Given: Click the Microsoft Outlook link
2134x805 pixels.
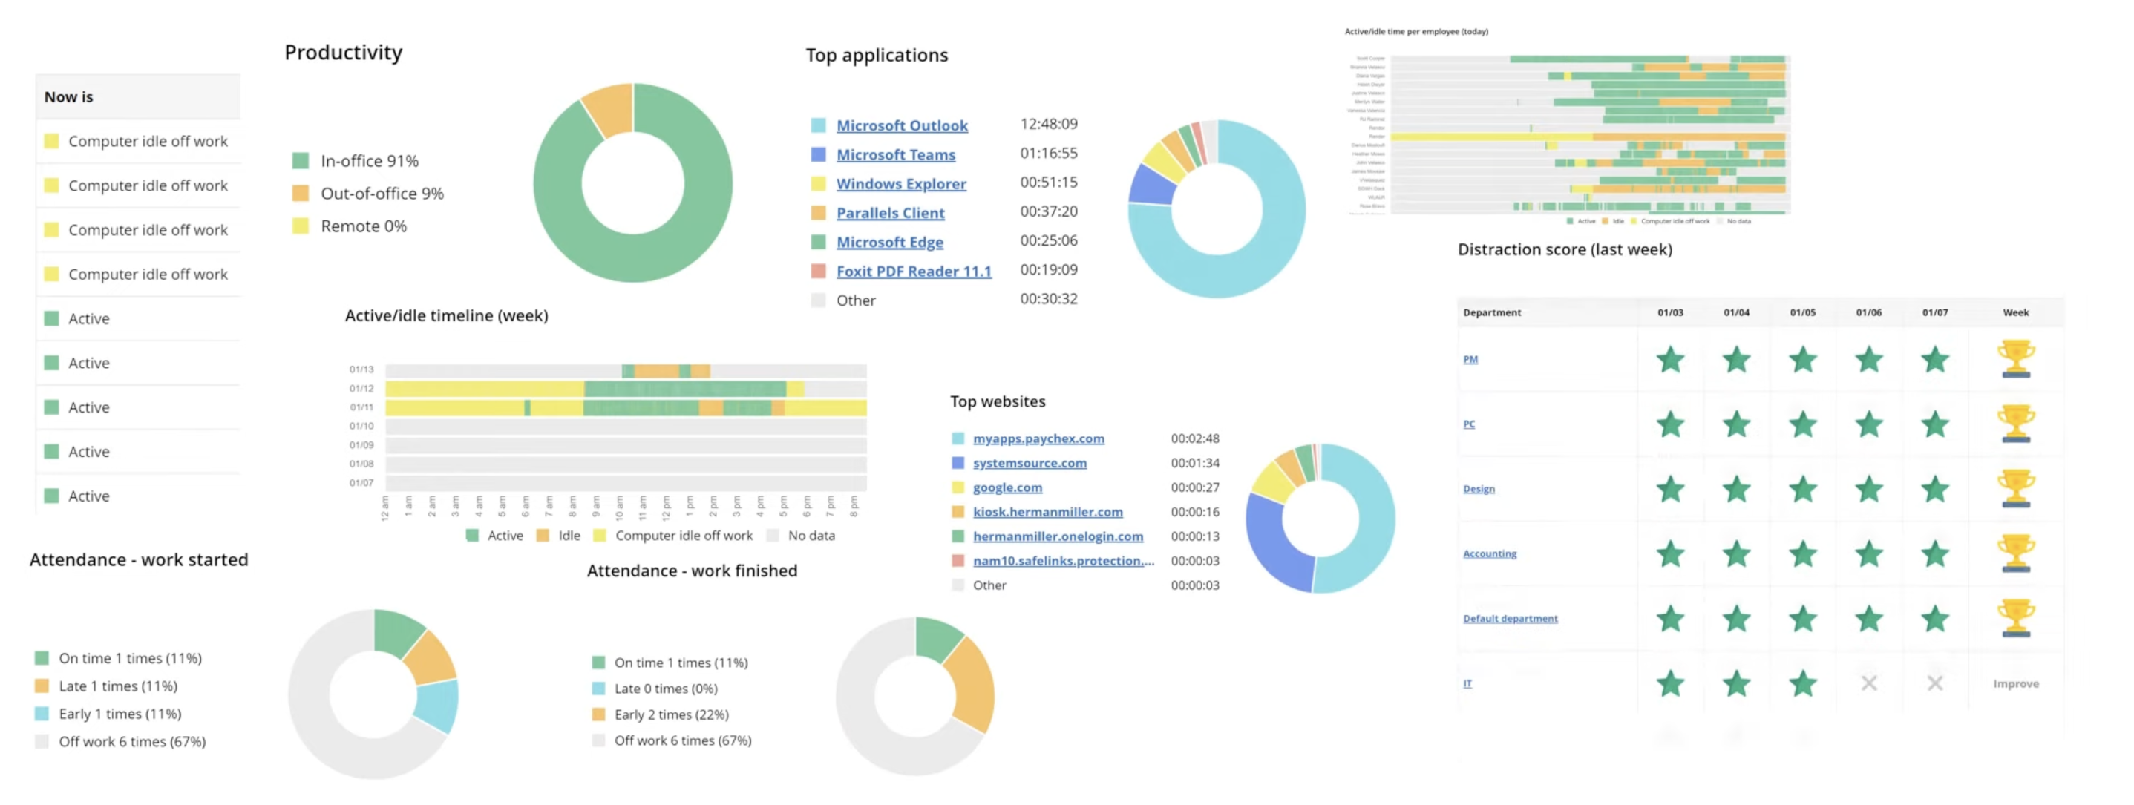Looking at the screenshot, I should pos(901,126).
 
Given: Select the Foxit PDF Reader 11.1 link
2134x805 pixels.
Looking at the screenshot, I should pos(913,272).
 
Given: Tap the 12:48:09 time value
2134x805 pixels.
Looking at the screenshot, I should pos(1048,124).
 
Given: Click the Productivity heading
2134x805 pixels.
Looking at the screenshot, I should pos(343,53).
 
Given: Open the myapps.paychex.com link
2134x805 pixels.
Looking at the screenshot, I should pos(1038,439).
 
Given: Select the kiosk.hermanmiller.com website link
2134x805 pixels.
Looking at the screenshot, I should pos(1047,513).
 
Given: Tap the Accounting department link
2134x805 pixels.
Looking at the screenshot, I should pos(1489,554).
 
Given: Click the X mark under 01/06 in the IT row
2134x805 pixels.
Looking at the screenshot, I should pos(1868,684).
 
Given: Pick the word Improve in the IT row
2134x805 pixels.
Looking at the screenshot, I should pos(2014,684).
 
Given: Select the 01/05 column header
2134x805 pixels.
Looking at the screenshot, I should pos(1801,313).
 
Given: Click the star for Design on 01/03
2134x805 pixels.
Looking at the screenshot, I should pos(1670,490).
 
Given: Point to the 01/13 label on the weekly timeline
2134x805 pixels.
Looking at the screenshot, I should pos(361,370).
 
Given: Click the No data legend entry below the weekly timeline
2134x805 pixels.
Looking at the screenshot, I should pos(811,536).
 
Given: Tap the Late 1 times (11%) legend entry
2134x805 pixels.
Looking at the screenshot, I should pos(117,686).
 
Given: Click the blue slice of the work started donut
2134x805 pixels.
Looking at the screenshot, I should pos(438,705).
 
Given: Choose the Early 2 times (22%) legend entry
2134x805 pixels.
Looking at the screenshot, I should pos(671,714).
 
